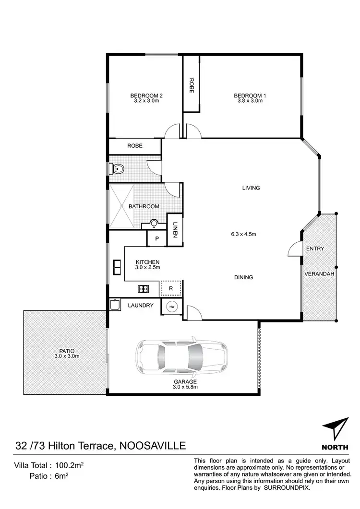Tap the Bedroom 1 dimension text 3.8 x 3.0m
pyautogui.click(x=250, y=101)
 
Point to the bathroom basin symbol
pyautogui.click(x=154, y=223)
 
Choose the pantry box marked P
pyautogui.click(x=156, y=238)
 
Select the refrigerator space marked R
pyautogui.click(x=171, y=288)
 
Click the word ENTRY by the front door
pyautogui.click(x=315, y=249)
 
